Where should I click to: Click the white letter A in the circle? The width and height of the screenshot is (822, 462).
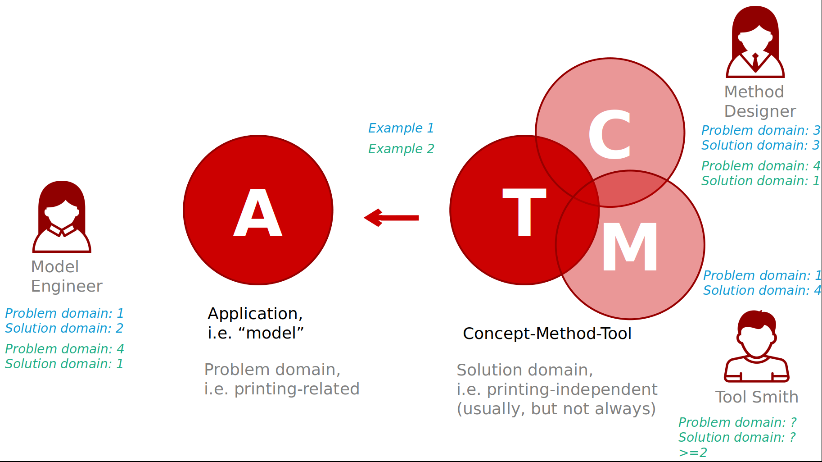[x=258, y=213]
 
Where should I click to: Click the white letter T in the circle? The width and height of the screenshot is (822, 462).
[x=524, y=212]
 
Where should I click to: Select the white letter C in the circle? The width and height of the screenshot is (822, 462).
[x=610, y=135]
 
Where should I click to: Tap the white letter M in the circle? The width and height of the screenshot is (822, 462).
[x=630, y=247]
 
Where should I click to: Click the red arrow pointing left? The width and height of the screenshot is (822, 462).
[x=391, y=218]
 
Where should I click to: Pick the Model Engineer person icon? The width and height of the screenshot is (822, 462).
[x=62, y=217]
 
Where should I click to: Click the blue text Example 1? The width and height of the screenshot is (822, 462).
[x=401, y=128]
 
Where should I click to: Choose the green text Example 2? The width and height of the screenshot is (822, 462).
[x=401, y=149]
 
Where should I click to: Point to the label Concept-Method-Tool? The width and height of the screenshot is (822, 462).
[x=547, y=334]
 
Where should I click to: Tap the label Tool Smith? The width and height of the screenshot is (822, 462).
[x=756, y=397]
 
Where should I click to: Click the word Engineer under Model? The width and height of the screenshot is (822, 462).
[x=67, y=286]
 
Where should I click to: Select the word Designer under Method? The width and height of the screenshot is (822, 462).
[x=760, y=111]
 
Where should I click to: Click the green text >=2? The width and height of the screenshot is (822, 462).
[x=692, y=453]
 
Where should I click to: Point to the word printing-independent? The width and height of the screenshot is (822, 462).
[x=572, y=389]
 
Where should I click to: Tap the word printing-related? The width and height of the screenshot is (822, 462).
[x=297, y=389]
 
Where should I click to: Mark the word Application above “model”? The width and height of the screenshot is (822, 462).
[x=255, y=314]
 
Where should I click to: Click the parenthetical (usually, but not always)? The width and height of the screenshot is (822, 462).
[x=556, y=409]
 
